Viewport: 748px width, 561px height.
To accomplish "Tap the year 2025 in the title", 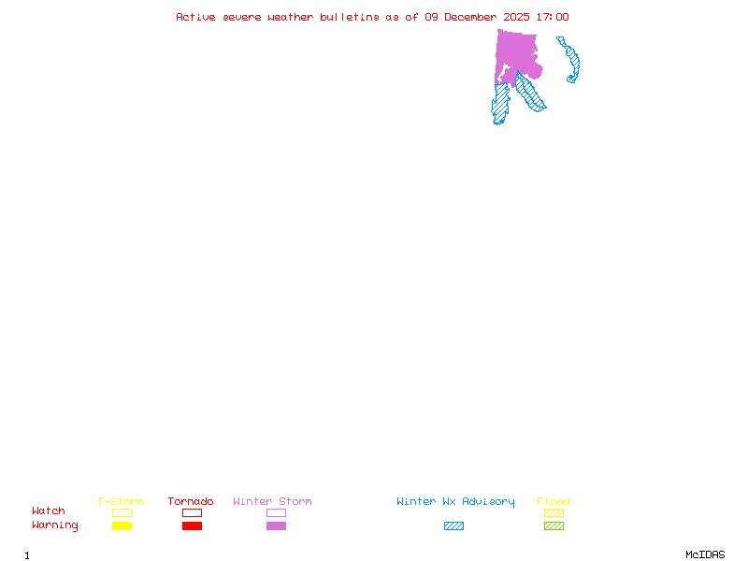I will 518,17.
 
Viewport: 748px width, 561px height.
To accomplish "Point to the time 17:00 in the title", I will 553,17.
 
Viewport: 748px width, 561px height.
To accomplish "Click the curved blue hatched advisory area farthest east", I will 572,62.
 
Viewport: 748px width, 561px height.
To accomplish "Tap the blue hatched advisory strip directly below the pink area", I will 501,102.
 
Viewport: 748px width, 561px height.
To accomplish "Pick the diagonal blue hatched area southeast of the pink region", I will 530,93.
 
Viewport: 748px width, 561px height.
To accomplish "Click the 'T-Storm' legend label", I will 121,502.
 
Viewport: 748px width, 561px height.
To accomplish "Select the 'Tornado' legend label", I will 191,502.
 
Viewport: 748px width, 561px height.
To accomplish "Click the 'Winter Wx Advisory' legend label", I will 455,502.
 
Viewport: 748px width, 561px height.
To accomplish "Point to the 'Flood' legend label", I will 554,502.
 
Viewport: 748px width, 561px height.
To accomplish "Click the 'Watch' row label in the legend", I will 49,511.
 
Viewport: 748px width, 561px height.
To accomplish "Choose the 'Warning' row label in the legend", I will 55,525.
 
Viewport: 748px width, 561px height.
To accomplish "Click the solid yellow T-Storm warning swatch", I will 122,526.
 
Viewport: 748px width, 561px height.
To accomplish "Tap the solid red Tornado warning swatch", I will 192,526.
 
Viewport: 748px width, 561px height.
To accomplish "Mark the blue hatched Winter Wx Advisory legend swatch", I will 453,526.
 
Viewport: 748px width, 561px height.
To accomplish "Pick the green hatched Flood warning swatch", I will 554,526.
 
